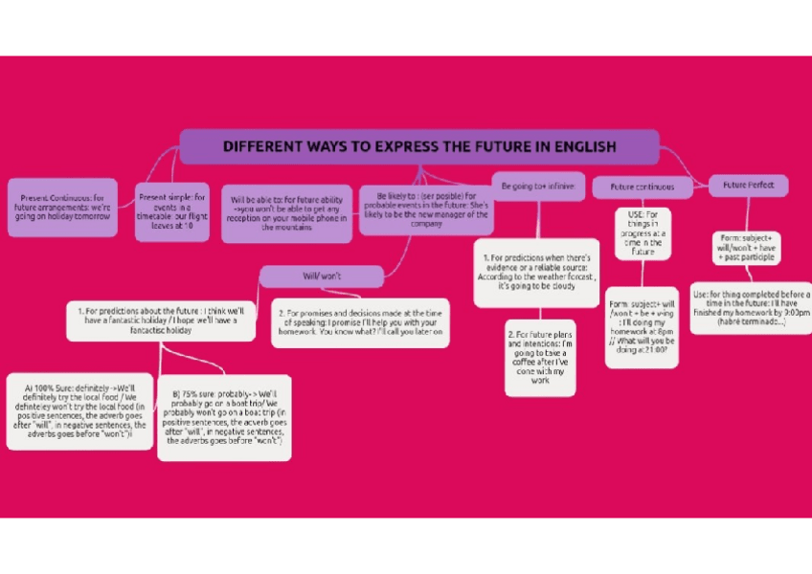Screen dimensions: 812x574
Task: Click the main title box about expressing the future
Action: (419, 147)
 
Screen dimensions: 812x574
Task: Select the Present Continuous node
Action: (62, 208)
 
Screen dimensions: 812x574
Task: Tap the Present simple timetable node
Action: (171, 210)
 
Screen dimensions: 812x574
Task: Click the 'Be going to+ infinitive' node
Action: (536, 186)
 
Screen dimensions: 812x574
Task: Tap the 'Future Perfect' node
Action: (749, 185)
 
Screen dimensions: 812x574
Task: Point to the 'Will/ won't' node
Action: (321, 276)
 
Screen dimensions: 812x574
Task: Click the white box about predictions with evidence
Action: (536, 272)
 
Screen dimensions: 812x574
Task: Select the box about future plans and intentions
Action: (540, 357)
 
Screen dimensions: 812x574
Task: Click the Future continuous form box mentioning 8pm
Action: (642, 326)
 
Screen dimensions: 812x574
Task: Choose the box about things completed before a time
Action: (751, 309)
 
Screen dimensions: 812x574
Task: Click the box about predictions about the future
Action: (161, 320)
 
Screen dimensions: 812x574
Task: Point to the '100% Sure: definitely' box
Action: (79, 410)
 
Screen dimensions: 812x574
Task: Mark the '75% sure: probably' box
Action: (224, 417)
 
